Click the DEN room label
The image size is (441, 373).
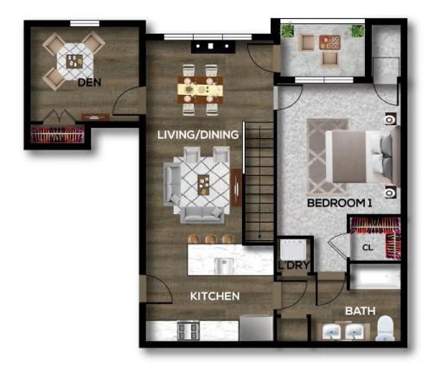coord(87,83)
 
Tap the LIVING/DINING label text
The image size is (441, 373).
coord(199,134)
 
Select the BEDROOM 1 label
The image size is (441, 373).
coord(339,204)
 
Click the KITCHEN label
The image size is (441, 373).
coord(214,296)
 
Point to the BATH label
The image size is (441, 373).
coord(360,310)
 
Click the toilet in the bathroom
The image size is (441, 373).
coord(386,328)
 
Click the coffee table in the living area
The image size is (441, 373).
coord(205,181)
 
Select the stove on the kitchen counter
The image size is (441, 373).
coord(186,330)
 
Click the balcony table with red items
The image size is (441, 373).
coord(329,41)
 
